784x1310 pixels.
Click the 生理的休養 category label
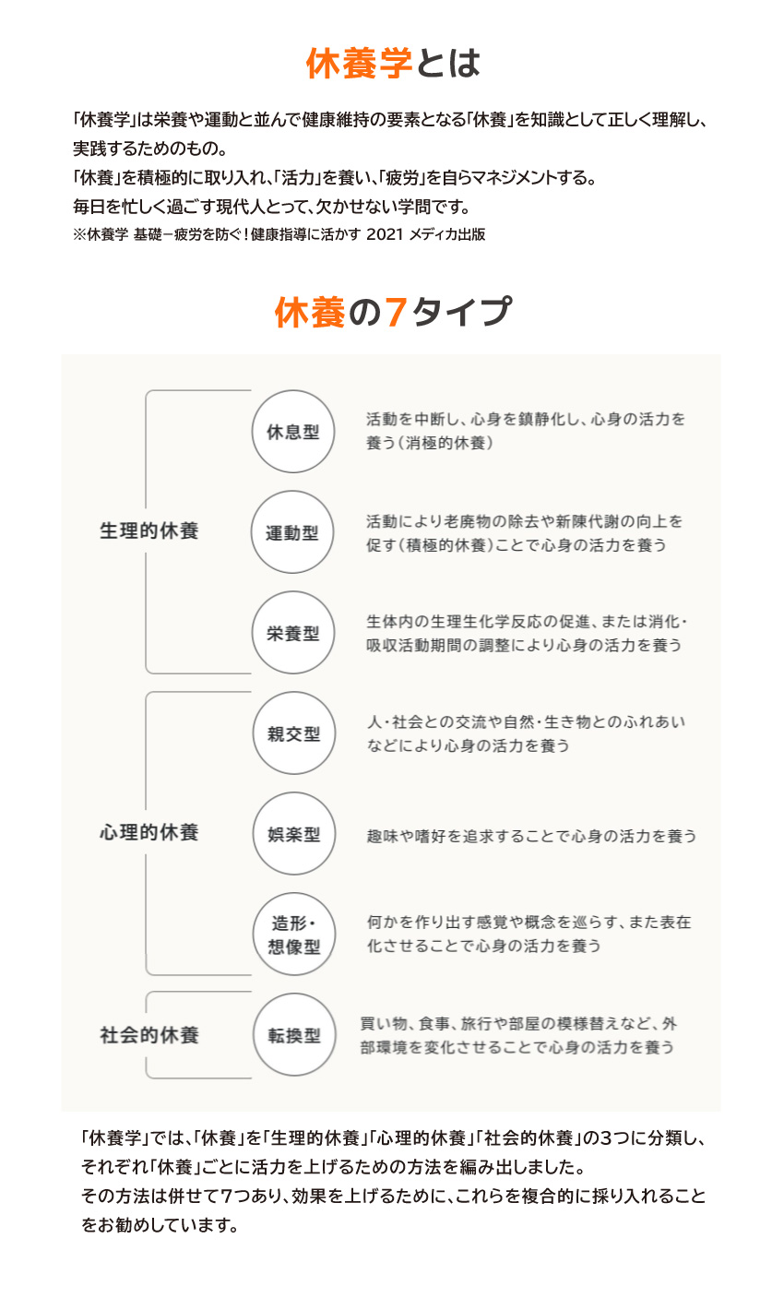pyautogui.click(x=149, y=531)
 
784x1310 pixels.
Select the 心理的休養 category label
pyautogui.click(x=149, y=832)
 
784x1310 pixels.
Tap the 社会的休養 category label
pyautogui.click(x=149, y=1035)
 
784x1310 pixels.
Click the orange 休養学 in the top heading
pyautogui.click(x=359, y=63)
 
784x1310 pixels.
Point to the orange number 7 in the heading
pyautogui.click(x=396, y=312)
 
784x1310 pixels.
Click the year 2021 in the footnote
pyautogui.click(x=385, y=234)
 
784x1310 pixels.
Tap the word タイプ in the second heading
pyautogui.click(x=462, y=312)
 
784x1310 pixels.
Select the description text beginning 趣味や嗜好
pyautogui.click(x=531, y=837)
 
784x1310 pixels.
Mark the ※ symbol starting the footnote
pyautogui.click(x=79, y=234)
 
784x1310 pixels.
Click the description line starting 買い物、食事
pyautogui.click(x=518, y=1023)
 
